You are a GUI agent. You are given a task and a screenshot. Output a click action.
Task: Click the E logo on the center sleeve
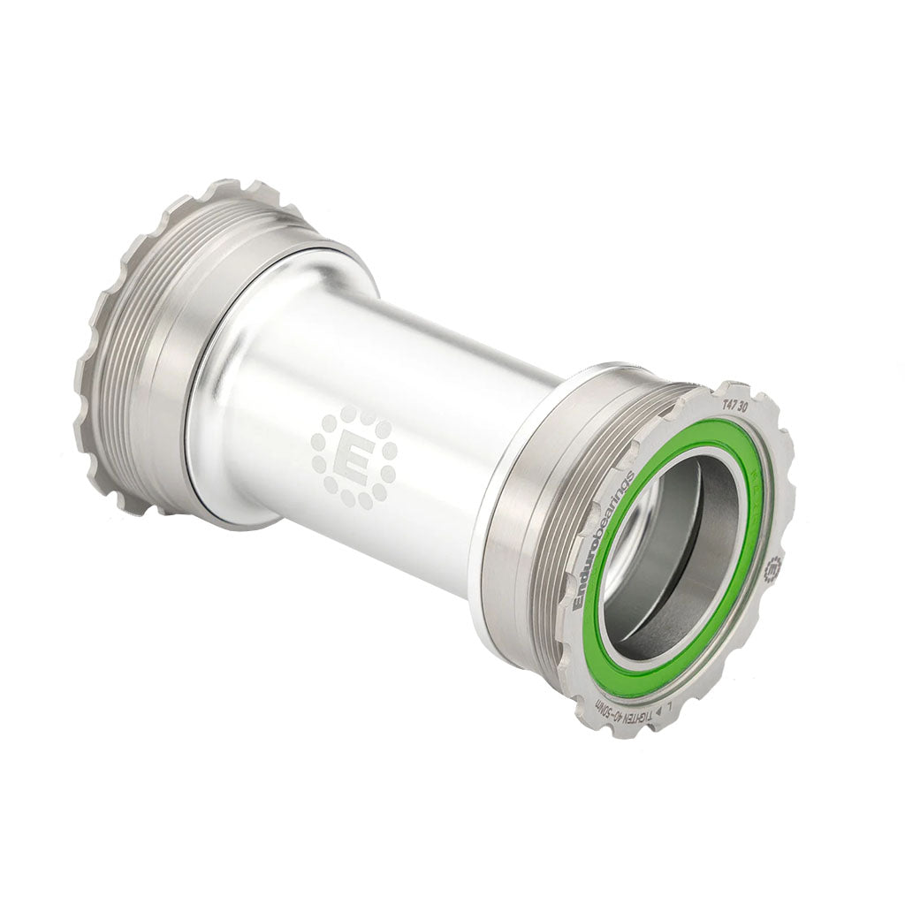pos(354,458)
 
